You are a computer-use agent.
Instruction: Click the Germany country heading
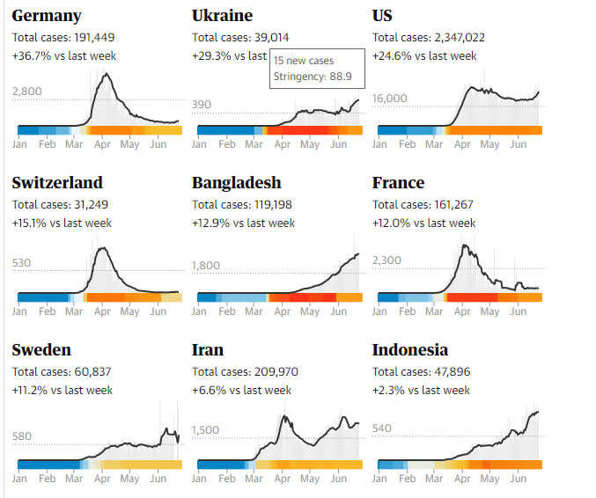point(47,16)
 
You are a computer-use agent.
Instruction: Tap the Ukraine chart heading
point(222,16)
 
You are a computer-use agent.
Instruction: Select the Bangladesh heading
point(237,183)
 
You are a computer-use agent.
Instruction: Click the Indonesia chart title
point(410,350)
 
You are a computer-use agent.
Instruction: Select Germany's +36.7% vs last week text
point(64,56)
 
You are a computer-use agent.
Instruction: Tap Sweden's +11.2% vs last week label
point(63,391)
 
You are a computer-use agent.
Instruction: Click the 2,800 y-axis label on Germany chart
point(27,92)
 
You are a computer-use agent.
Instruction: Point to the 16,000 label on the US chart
point(391,99)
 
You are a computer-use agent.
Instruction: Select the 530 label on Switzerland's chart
point(23,263)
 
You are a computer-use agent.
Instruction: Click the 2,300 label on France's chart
point(387,260)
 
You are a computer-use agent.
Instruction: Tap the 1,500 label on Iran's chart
point(205,430)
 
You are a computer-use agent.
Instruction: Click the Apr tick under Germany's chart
point(102,144)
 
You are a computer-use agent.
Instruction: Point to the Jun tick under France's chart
point(519,311)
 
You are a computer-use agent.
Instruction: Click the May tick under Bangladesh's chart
point(309,311)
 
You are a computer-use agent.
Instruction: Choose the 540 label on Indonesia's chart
point(383,428)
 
